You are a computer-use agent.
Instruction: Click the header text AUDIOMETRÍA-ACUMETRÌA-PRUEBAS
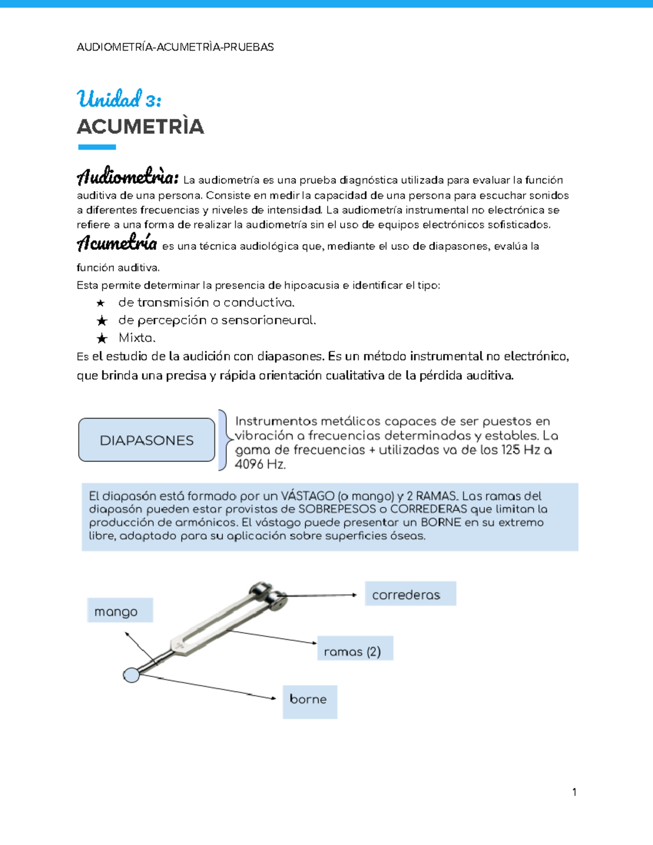pos(175,47)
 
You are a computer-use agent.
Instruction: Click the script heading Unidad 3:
pos(119,100)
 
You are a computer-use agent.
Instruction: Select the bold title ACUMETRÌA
pos(140,127)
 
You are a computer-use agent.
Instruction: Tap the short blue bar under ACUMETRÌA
pos(97,147)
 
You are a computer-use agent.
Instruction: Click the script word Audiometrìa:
pos(127,177)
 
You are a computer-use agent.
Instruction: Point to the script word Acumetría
pos(117,243)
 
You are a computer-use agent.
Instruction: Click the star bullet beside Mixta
pos(102,338)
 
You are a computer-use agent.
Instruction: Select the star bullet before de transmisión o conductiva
pos(101,303)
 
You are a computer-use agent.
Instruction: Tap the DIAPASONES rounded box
pos(146,440)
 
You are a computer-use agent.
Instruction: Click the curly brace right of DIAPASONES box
pos(223,440)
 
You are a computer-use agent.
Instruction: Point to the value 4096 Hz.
pos(260,465)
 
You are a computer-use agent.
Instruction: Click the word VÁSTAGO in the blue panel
pos(307,496)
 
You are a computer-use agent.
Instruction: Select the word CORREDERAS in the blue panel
pos(428,509)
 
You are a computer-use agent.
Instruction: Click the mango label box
pos(120,610)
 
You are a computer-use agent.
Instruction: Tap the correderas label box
pos(410,594)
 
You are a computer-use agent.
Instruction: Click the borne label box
pos(310,701)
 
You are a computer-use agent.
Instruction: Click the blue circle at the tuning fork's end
pos(131,675)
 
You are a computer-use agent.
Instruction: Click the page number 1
pos(574,792)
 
